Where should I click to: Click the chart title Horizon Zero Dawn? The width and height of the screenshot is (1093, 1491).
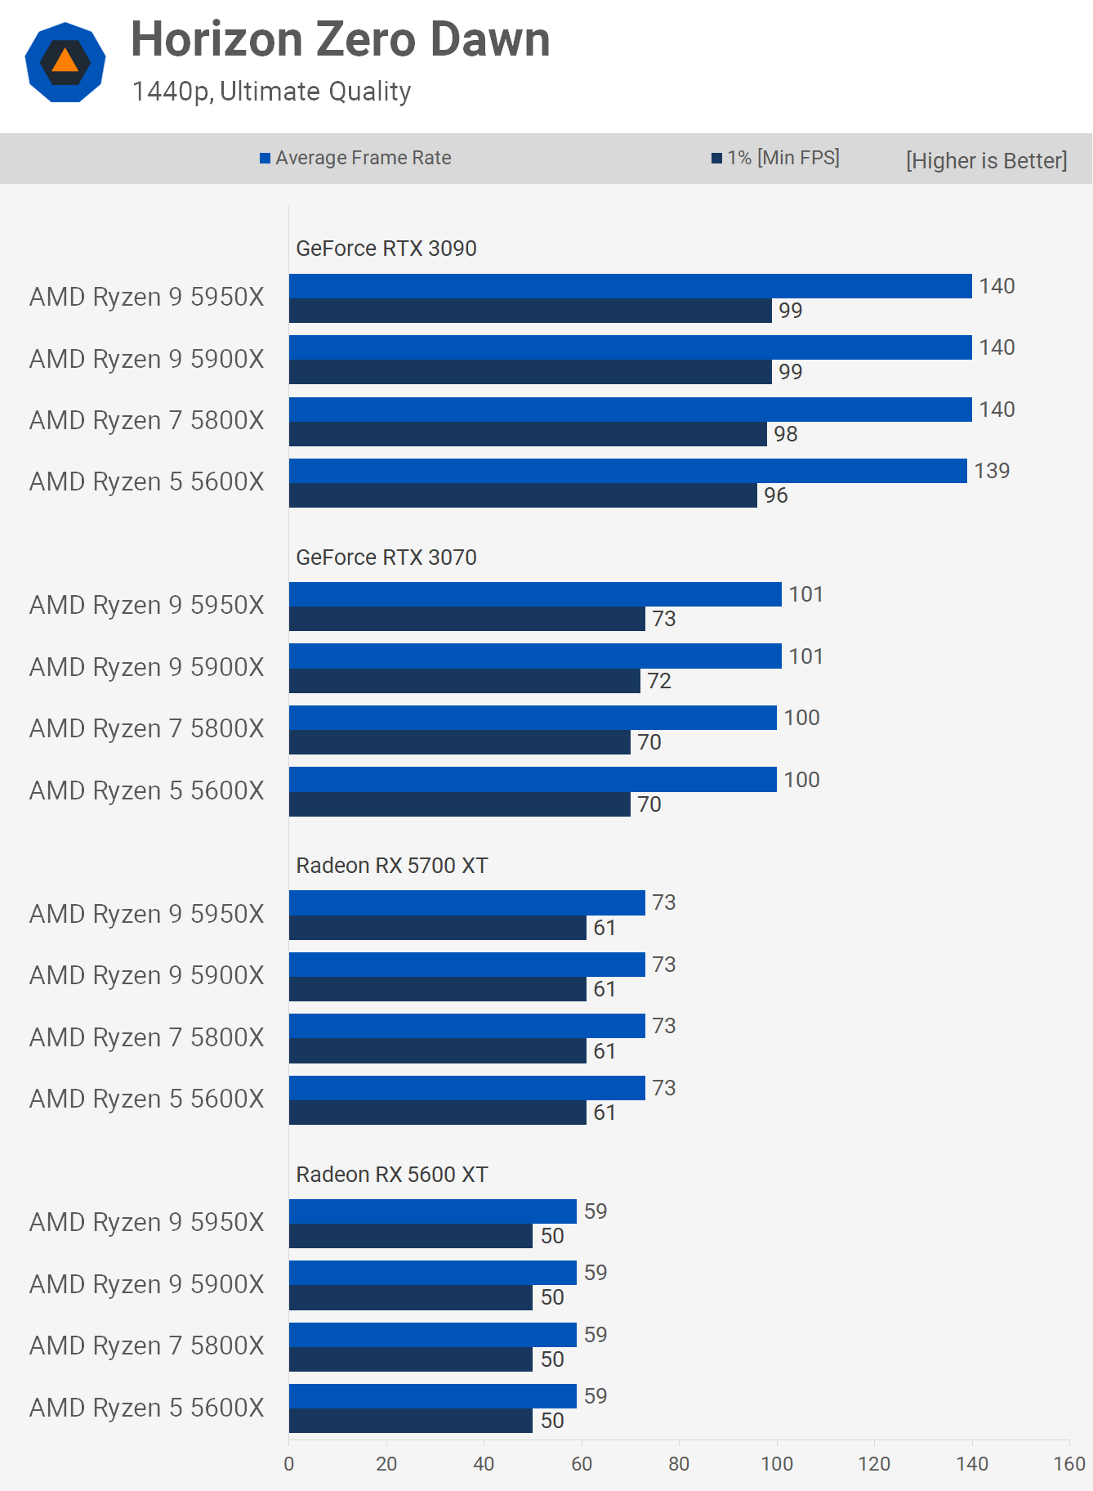click(x=340, y=39)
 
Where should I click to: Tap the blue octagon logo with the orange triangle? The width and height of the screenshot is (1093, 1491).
click(x=65, y=62)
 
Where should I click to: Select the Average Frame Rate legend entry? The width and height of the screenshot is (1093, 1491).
click(x=355, y=158)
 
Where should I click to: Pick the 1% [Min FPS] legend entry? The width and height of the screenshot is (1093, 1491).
click(x=775, y=158)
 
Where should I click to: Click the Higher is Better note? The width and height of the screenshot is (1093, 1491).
click(x=986, y=160)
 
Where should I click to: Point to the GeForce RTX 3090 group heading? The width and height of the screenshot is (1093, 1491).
click(x=386, y=248)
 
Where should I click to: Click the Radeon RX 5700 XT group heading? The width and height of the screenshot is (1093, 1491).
click(x=391, y=866)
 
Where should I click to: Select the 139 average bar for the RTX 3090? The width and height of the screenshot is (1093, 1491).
click(x=627, y=471)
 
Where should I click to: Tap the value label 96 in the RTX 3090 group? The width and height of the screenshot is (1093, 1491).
click(x=775, y=495)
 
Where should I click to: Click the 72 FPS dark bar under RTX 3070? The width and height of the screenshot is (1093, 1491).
click(x=464, y=681)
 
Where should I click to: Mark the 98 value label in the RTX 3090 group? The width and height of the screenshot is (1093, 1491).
click(x=785, y=434)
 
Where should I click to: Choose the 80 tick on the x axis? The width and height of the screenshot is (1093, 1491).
click(x=679, y=1464)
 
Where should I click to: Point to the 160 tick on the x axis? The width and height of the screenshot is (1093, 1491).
click(x=1068, y=1464)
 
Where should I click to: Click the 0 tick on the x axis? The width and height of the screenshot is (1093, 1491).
click(x=289, y=1464)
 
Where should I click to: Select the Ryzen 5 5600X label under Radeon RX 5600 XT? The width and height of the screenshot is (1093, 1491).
click(x=147, y=1408)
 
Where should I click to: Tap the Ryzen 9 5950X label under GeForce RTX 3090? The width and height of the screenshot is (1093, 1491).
click(x=147, y=297)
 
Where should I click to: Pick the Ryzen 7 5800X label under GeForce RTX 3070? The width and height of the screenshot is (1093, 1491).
click(x=147, y=728)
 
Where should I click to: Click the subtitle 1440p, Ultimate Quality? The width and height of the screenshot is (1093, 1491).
click(x=271, y=92)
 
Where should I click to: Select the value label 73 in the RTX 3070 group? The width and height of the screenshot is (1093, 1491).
click(x=663, y=619)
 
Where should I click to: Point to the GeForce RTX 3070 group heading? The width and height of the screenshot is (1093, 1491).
click(x=386, y=557)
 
